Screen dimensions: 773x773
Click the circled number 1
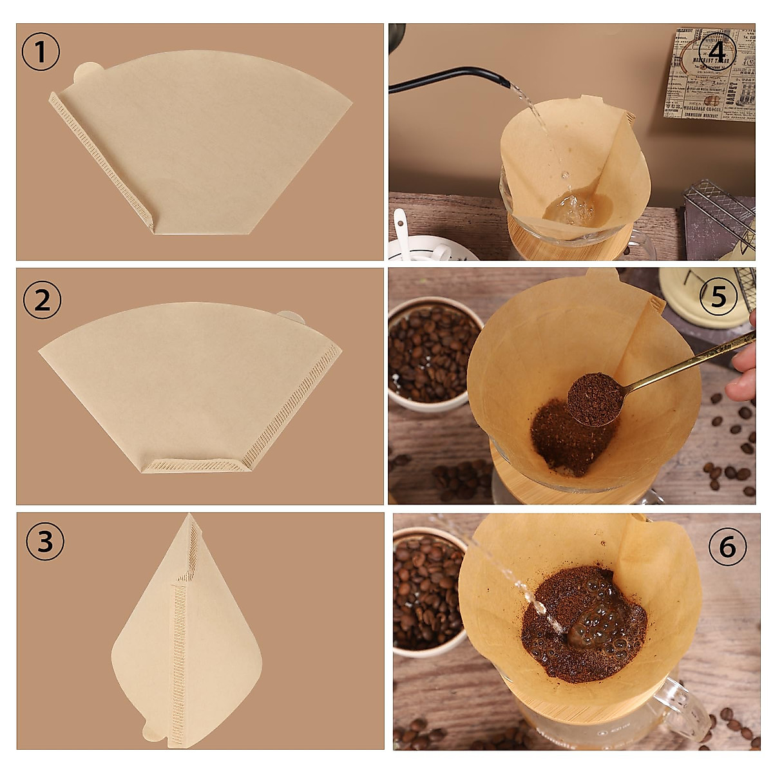[x=41, y=52]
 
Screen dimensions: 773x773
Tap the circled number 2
[x=42, y=300]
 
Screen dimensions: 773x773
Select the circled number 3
[x=44, y=542]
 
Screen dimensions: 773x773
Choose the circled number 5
[x=718, y=297]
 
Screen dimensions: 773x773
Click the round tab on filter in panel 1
[x=84, y=72]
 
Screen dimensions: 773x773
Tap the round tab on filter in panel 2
[x=290, y=316]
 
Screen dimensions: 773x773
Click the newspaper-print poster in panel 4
[x=709, y=74]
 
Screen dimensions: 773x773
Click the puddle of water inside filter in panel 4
[x=570, y=209]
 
